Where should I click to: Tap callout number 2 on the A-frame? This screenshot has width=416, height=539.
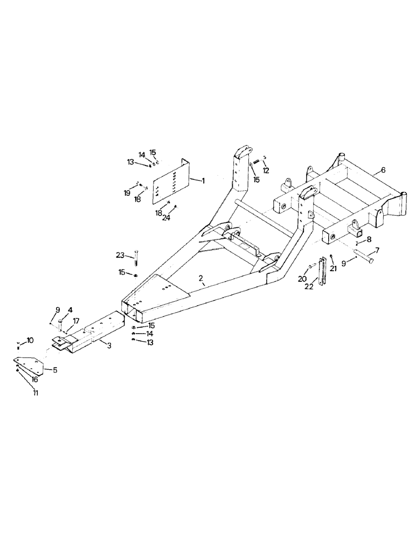pyautogui.click(x=200, y=278)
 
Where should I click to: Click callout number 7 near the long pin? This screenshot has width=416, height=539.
pyautogui.click(x=377, y=251)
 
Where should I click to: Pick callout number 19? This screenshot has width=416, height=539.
pyautogui.click(x=126, y=192)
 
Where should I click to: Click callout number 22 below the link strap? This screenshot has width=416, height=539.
pyautogui.click(x=322, y=287)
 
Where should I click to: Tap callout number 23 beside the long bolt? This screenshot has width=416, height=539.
pyautogui.click(x=120, y=254)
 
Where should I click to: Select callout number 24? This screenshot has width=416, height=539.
pyautogui.click(x=167, y=218)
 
